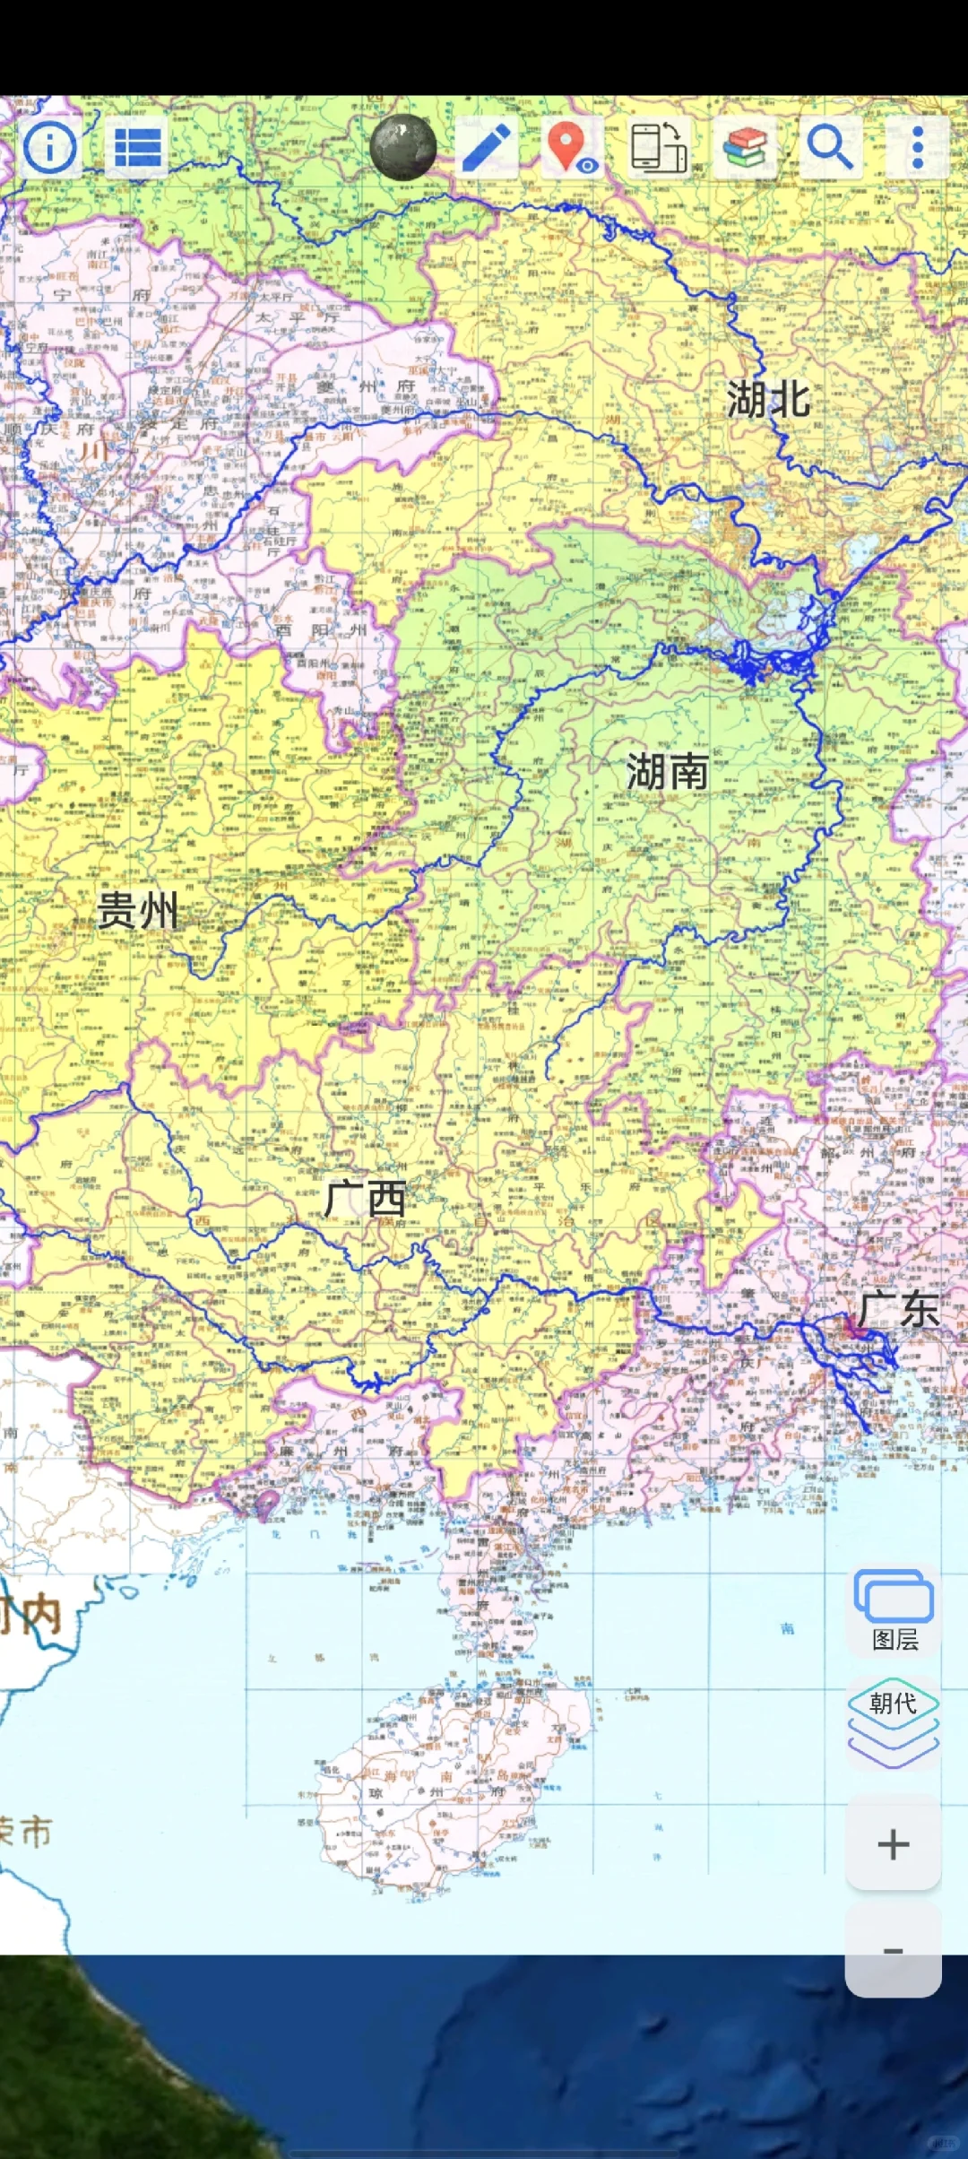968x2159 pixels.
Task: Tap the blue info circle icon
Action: click(50, 147)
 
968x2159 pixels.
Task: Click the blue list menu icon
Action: click(137, 148)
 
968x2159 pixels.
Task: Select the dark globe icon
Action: click(403, 147)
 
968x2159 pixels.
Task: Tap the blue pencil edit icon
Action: click(486, 147)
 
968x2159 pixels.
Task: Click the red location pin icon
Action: click(568, 147)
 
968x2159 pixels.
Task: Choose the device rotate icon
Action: click(659, 147)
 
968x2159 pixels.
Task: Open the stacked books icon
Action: click(744, 148)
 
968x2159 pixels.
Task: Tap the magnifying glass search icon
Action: click(829, 147)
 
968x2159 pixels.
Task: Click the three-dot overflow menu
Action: click(917, 148)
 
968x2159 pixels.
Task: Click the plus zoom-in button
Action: click(893, 1844)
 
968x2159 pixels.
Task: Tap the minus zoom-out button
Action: click(893, 1950)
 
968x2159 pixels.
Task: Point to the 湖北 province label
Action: click(768, 399)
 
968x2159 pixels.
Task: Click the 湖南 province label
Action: click(667, 772)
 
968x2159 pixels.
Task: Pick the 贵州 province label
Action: click(137, 910)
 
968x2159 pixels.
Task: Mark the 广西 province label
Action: click(365, 1199)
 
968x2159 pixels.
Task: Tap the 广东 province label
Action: click(898, 1310)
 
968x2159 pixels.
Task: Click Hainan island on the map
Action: click(448, 1784)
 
